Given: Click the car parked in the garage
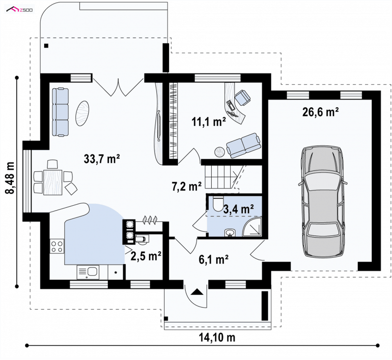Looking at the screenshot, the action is (323, 201).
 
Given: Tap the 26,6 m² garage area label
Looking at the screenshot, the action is (320, 112).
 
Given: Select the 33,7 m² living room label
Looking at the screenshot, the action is (102, 159).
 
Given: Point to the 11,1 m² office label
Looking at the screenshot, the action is (209, 121).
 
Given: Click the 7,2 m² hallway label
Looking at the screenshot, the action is (187, 186).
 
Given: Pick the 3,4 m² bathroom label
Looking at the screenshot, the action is (239, 209).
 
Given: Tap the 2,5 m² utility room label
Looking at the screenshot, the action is (146, 256).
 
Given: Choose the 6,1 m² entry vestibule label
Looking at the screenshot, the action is (214, 260).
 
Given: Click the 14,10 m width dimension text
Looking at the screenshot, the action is (217, 337).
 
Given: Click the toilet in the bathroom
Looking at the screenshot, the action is (218, 203).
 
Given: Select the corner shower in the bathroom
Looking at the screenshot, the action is (252, 227).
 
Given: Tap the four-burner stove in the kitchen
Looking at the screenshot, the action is (57, 246).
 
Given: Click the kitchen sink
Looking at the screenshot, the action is (88, 272).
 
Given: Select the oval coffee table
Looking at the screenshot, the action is (82, 113).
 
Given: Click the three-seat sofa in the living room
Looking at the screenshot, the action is (60, 112).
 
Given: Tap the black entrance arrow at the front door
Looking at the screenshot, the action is (197, 292).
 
